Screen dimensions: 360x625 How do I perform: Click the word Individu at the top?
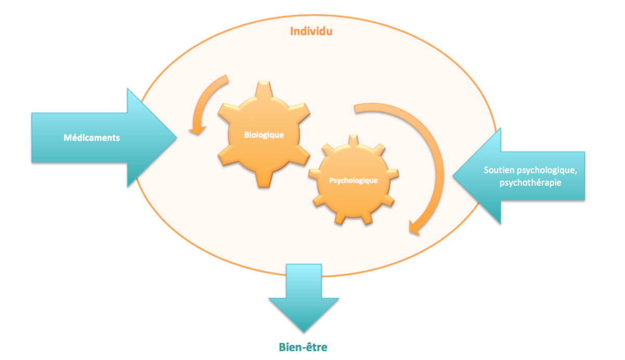click(x=311, y=31)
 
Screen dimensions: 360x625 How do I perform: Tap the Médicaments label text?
click(x=92, y=138)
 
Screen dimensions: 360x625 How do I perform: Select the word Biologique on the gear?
click(x=264, y=135)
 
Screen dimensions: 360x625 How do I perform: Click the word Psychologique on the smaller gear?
click(x=353, y=181)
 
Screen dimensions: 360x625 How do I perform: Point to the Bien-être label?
click(x=302, y=346)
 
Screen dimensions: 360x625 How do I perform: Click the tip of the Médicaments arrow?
click(x=175, y=138)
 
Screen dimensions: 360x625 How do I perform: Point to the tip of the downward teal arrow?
click(x=303, y=330)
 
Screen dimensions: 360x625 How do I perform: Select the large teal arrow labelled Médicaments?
click(x=99, y=138)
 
